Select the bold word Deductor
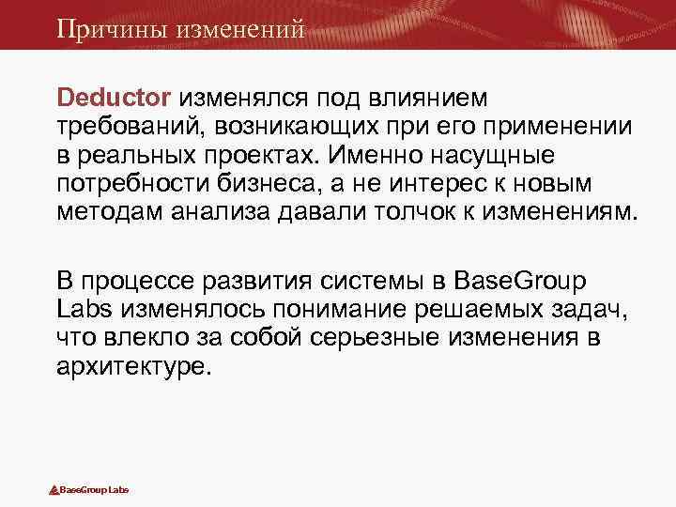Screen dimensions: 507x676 pos(114,98)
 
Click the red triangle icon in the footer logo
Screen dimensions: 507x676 pos(54,490)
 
